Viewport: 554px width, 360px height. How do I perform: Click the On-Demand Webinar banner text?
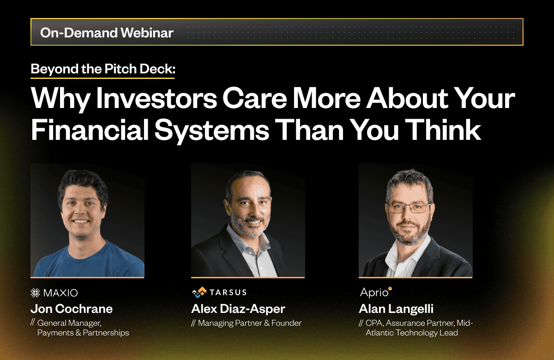(107, 32)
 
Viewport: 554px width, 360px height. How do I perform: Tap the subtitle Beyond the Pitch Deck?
(103, 69)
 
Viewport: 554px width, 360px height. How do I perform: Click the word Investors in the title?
(157, 98)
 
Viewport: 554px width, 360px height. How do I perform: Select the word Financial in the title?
(90, 130)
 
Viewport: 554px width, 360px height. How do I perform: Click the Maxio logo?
(54, 293)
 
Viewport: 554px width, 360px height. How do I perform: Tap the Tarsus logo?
(219, 293)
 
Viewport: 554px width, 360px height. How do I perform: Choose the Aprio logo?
(376, 292)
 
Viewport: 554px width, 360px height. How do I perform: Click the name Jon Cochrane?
(72, 309)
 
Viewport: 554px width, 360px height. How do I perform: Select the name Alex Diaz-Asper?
(238, 309)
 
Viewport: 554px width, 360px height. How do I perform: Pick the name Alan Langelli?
(396, 309)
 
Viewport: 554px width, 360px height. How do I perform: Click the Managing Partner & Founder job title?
(250, 323)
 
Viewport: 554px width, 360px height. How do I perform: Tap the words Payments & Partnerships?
(83, 333)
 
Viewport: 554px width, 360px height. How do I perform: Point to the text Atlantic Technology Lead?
(411, 333)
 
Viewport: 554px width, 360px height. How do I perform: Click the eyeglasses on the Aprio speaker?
(409, 208)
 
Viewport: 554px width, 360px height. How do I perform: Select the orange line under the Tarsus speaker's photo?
(248, 278)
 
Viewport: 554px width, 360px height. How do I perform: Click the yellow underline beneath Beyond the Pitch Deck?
(102, 78)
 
